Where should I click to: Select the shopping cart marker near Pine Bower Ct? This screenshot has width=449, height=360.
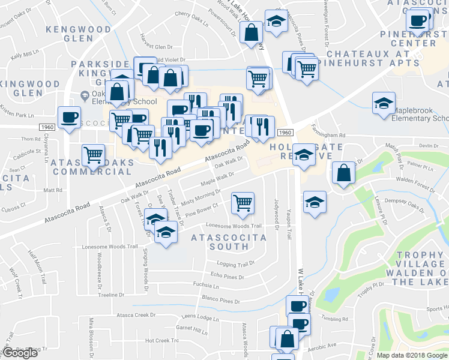pyautogui.click(x=242, y=202)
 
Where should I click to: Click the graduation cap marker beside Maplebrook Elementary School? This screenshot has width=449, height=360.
pyautogui.click(x=383, y=103)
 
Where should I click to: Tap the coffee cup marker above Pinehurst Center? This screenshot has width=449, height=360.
pyautogui.click(x=418, y=21)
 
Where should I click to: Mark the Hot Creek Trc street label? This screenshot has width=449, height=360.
pyautogui.click(x=162, y=340)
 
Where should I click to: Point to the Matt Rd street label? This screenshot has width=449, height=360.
pyautogui.click(x=53, y=190)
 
